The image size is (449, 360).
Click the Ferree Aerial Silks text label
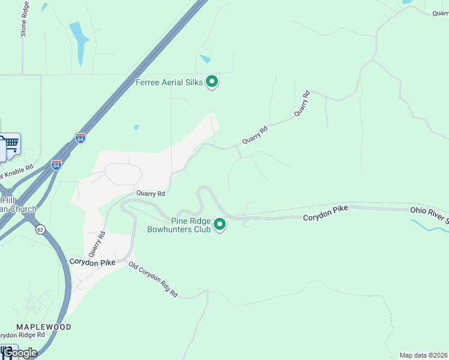(169, 82)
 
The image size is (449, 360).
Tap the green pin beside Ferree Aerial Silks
(212, 81)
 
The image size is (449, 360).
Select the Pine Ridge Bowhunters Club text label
(180, 224)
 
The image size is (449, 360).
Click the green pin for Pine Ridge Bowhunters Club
(220, 224)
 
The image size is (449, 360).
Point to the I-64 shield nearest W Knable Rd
(56, 165)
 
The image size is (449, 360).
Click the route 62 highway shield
(40, 229)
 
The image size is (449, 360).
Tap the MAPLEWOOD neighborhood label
(44, 327)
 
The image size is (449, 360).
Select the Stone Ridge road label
(25, 19)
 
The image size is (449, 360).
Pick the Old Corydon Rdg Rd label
(153, 280)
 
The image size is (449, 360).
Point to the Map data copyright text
(423, 355)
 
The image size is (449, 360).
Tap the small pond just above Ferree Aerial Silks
(206, 59)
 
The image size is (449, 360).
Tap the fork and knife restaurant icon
(7, 350)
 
